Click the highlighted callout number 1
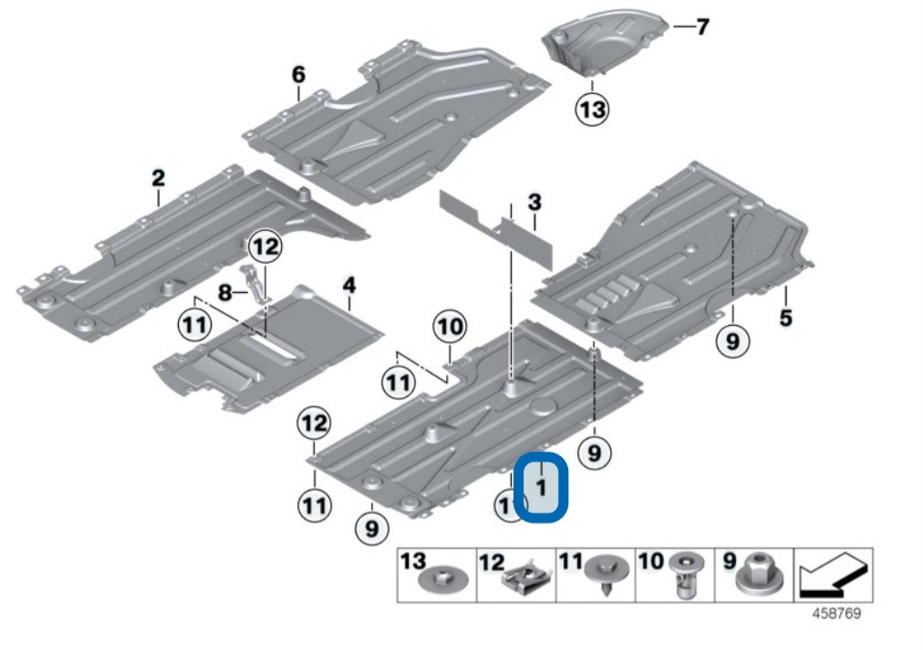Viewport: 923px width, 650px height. click(x=541, y=487)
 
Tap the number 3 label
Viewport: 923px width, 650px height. click(x=534, y=202)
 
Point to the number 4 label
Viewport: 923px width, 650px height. click(x=348, y=287)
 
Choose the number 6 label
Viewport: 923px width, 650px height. click(x=298, y=74)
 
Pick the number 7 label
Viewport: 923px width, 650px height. click(x=701, y=27)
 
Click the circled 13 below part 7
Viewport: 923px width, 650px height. click(x=591, y=110)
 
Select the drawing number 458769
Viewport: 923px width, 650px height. click(x=836, y=614)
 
